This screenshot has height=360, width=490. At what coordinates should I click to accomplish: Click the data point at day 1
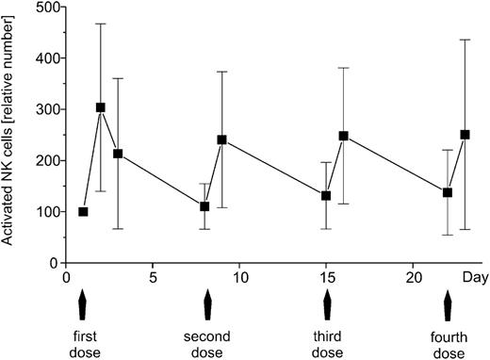click(83, 212)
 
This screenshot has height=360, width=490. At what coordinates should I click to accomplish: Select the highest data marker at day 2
click(101, 107)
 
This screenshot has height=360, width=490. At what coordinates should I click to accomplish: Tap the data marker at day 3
click(118, 154)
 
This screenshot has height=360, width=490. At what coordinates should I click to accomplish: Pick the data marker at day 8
click(204, 206)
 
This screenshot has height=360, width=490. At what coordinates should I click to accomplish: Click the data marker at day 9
click(222, 139)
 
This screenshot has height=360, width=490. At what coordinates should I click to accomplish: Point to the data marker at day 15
click(326, 196)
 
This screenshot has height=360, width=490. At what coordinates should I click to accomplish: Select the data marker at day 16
click(344, 136)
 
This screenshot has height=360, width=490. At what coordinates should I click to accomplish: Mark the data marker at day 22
click(448, 192)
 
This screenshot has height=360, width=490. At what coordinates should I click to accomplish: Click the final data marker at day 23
click(465, 135)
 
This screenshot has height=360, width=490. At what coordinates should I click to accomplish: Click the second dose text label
click(205, 343)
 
